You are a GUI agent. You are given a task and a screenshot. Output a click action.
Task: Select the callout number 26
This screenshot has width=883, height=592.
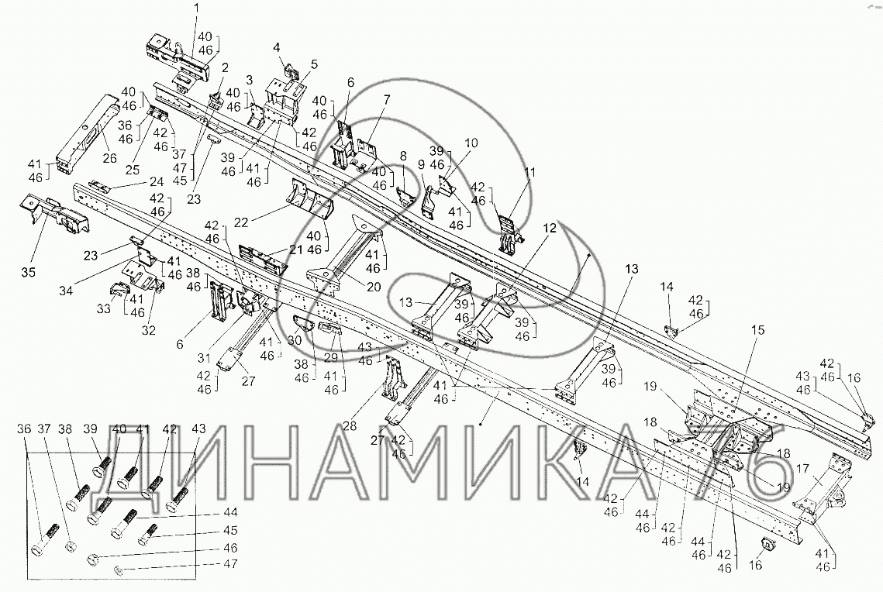109,158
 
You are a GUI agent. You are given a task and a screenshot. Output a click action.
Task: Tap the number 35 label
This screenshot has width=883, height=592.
28,272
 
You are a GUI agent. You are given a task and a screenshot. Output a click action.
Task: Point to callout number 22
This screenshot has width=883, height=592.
240,223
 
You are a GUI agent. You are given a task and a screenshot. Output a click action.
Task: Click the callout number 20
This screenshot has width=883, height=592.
374,287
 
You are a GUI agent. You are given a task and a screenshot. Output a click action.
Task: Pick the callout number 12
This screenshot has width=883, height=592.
550,229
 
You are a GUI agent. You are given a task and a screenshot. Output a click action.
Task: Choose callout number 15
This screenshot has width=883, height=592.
758,330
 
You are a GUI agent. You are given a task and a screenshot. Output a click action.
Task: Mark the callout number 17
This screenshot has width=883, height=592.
802,468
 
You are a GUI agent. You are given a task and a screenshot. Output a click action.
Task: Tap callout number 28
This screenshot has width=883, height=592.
350,426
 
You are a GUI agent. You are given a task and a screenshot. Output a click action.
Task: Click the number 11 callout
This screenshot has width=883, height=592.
529,172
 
